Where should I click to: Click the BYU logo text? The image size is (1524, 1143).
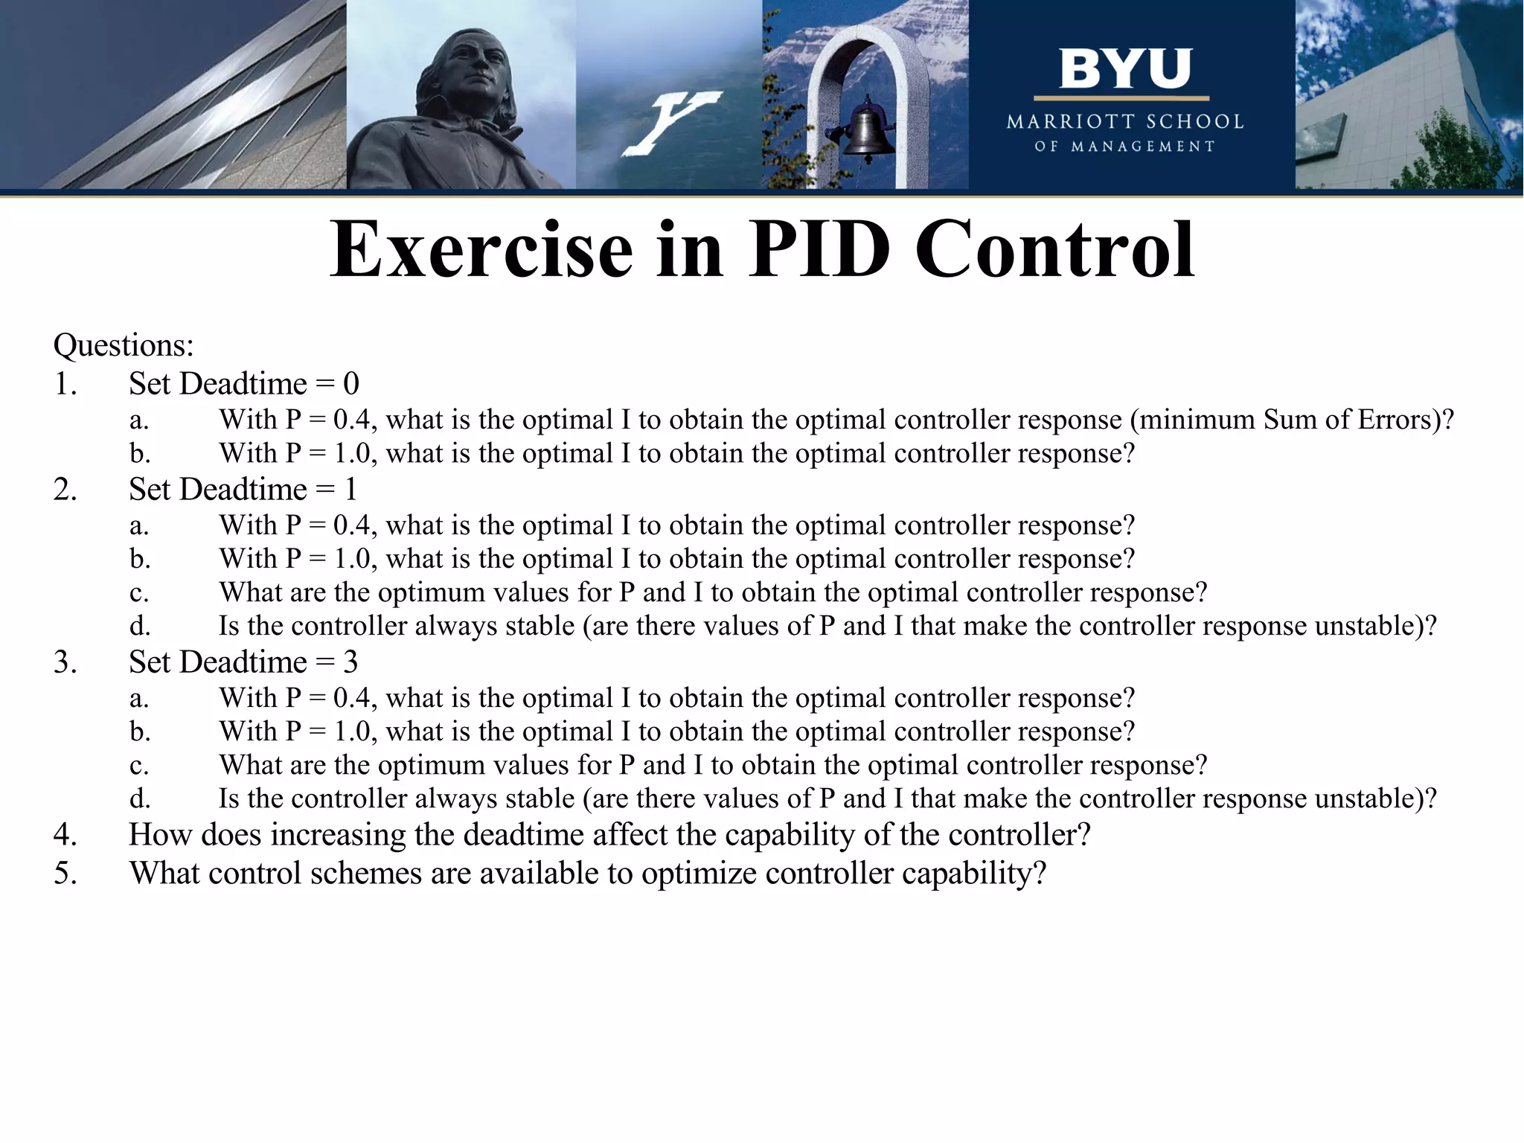pos(1124,68)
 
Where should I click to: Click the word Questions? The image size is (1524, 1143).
pos(124,345)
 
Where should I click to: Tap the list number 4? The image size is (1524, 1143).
pos(65,835)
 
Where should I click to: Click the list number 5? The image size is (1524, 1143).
pos(65,874)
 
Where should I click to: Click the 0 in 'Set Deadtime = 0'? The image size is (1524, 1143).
pos(350,384)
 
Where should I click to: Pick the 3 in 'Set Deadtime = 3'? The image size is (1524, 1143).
pos(350,662)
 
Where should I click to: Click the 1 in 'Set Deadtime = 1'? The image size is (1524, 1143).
pos(350,490)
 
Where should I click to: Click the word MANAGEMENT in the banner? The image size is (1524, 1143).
pos(1142,147)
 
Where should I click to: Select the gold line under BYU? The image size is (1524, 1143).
pos(1121,98)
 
